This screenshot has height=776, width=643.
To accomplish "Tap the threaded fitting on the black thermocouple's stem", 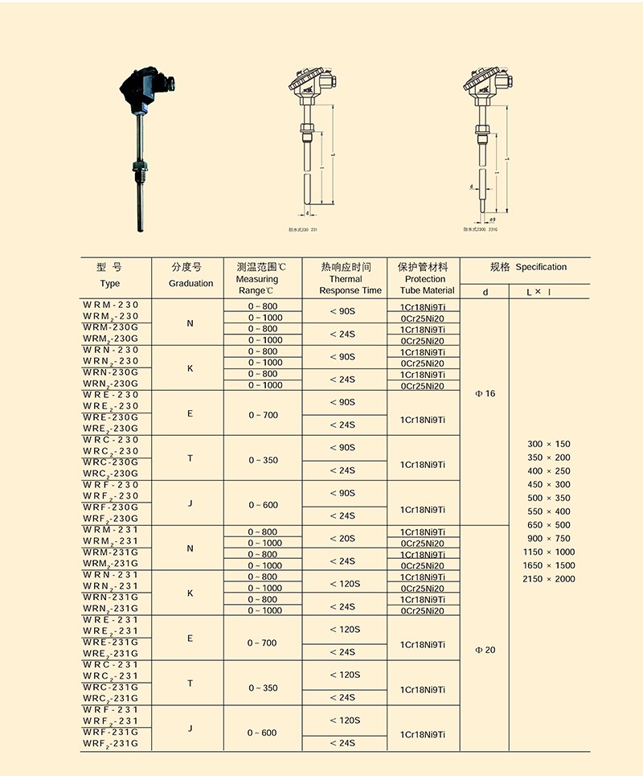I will (139, 170).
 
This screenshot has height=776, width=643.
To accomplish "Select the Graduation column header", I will (190, 275).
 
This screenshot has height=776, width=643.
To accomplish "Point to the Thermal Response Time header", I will (350, 278).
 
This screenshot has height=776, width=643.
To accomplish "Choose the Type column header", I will (110, 275).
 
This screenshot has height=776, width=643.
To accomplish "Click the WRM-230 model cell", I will (111, 305).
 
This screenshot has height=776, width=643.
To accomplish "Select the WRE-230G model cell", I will (111, 417).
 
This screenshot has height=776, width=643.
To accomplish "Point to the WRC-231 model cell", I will (111, 665).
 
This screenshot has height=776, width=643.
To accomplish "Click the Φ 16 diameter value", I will (485, 394).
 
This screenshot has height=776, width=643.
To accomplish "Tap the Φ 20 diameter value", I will (485, 650).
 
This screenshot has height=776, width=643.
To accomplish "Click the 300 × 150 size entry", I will (548, 444).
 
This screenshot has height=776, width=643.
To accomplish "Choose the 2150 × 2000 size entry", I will (548, 579).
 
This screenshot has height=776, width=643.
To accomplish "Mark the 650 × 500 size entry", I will (548, 525).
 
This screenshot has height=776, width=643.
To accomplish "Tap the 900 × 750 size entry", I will (548, 538).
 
